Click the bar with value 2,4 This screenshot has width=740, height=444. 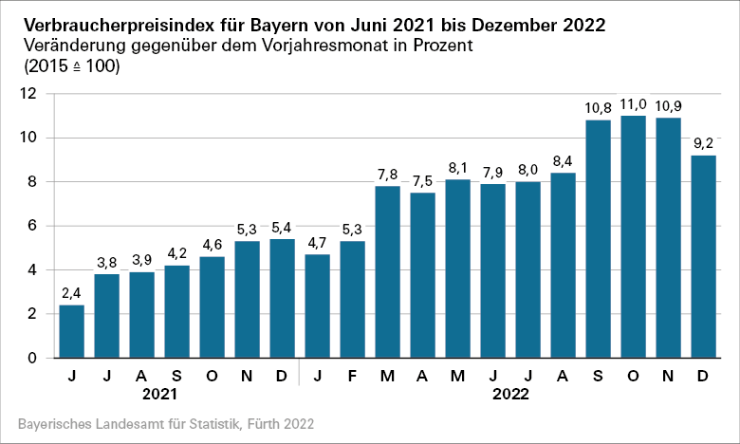tap(71, 331)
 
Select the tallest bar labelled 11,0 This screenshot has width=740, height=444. tap(634, 236)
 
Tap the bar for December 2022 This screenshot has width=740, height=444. tap(704, 256)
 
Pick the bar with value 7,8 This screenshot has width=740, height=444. tap(387, 271)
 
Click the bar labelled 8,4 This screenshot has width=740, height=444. tap(563, 265)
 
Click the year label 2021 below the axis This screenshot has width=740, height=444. tap(158, 392)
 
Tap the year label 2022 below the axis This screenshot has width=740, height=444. tap(509, 392)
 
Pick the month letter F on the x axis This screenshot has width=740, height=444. tap(352, 375)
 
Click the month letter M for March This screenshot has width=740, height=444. tap(387, 375)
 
